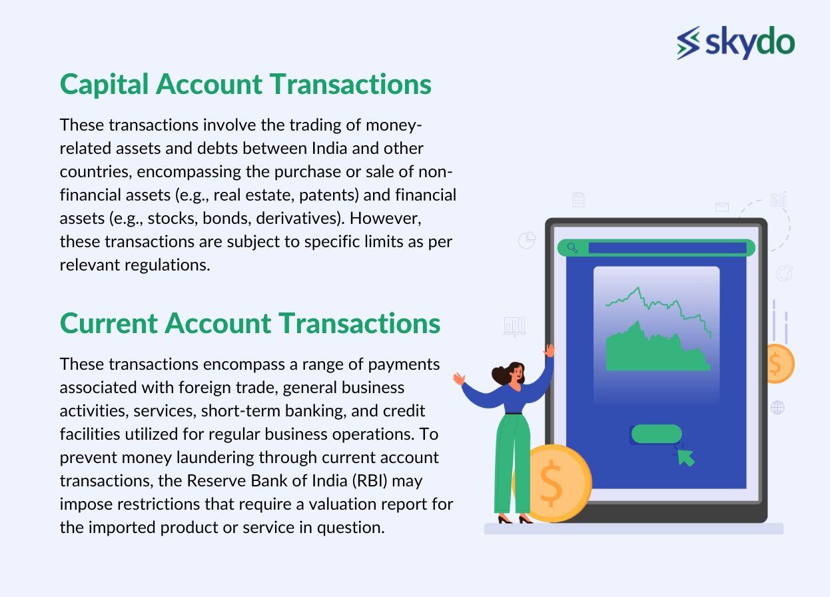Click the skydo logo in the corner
735,42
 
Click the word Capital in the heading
104,85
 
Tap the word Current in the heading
109,323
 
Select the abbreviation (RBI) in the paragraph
370,480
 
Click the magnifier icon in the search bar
572,248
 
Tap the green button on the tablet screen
656,434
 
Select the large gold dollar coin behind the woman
556,483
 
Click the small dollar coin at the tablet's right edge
779,364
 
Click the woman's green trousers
513,463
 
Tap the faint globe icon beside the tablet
777,408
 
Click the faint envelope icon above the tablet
722,207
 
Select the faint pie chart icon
527,240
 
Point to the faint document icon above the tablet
578,200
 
